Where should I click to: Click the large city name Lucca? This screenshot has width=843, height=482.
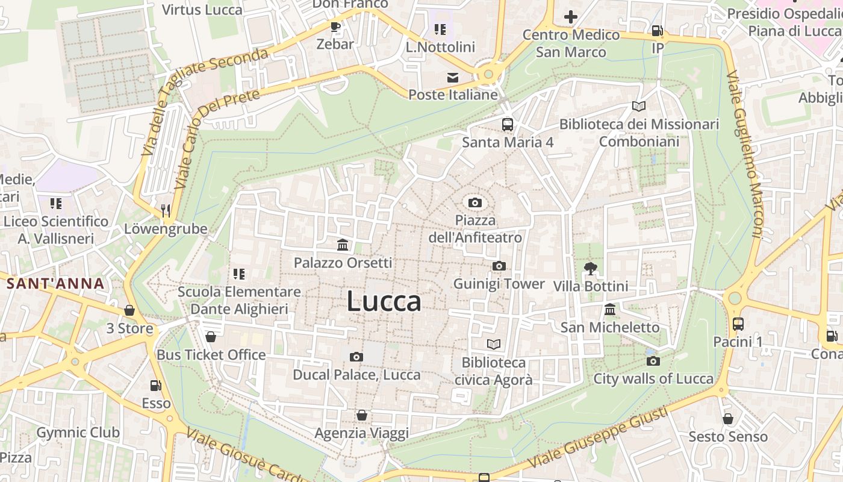(384, 302)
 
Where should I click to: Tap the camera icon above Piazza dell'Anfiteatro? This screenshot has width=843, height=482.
(475, 202)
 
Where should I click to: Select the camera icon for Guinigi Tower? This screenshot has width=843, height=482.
(499, 266)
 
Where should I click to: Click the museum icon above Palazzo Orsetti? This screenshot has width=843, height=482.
(343, 245)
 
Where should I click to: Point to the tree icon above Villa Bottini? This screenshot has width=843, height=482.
(590, 269)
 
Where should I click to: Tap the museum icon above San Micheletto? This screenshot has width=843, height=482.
(610, 310)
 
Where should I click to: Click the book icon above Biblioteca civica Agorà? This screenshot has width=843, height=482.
(494, 344)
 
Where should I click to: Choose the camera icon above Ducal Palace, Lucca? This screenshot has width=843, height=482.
(356, 357)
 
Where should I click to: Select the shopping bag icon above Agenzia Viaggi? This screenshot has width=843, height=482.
(362, 415)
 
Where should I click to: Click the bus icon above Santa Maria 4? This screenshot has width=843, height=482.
(508, 125)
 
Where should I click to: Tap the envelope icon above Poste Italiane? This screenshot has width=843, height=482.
(453, 77)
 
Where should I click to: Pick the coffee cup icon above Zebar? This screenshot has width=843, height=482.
(335, 27)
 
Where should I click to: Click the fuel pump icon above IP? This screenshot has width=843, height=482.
(658, 30)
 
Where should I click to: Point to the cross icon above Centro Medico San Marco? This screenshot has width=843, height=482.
(571, 17)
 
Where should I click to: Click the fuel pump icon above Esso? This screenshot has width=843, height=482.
(156, 385)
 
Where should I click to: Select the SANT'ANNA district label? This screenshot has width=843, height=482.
(56, 284)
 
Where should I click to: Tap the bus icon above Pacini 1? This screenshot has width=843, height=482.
(738, 324)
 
